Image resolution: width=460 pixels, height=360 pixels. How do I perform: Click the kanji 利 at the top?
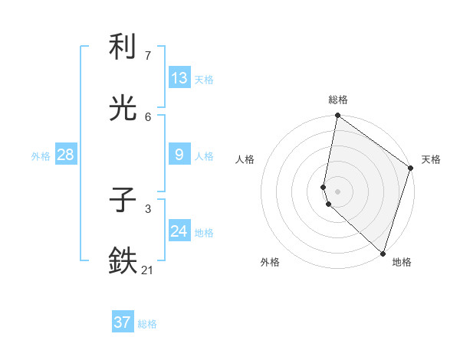(123, 47)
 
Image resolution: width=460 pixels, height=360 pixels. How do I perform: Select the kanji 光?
(123, 110)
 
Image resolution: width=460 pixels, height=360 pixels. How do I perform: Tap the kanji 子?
(123, 201)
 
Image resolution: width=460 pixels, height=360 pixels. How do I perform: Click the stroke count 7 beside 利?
(148, 56)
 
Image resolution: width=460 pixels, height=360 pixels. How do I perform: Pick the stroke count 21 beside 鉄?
(148, 270)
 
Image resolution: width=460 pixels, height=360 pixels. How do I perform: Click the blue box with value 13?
(179, 78)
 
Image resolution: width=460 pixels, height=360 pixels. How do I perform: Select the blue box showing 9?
(179, 155)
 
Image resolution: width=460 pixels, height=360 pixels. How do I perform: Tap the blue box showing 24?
(179, 231)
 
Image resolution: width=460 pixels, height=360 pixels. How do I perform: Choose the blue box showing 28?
(66, 155)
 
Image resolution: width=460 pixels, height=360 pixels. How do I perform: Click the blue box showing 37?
(123, 322)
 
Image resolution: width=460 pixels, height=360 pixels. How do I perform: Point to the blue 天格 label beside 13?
(204, 80)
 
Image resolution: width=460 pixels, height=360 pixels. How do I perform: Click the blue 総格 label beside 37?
(147, 324)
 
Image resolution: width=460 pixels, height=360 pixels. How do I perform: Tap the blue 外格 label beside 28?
(41, 156)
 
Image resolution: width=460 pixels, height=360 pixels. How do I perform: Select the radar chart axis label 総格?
(338, 100)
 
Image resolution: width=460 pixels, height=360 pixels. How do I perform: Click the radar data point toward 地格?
(383, 253)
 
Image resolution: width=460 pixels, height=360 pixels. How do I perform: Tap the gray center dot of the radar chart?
(338, 191)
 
